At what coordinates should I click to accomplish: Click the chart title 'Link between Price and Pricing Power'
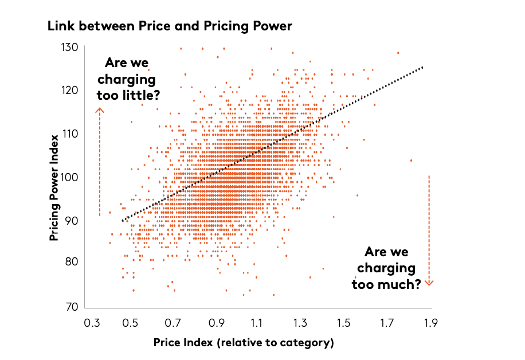coord(170,26)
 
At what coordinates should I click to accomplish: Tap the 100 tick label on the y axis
coord(70,177)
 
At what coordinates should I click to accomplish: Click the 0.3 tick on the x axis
coord(92,323)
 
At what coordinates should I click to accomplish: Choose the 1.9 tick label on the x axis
coord(430,323)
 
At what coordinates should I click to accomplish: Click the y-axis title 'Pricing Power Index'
coord(54,187)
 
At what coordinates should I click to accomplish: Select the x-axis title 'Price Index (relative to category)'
coord(244,343)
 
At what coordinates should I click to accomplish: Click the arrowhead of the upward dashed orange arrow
coord(99,109)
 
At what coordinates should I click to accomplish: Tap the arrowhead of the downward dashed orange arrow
coord(429,282)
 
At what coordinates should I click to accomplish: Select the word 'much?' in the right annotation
coord(399,283)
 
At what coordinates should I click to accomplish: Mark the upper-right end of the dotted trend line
coord(422,67)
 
